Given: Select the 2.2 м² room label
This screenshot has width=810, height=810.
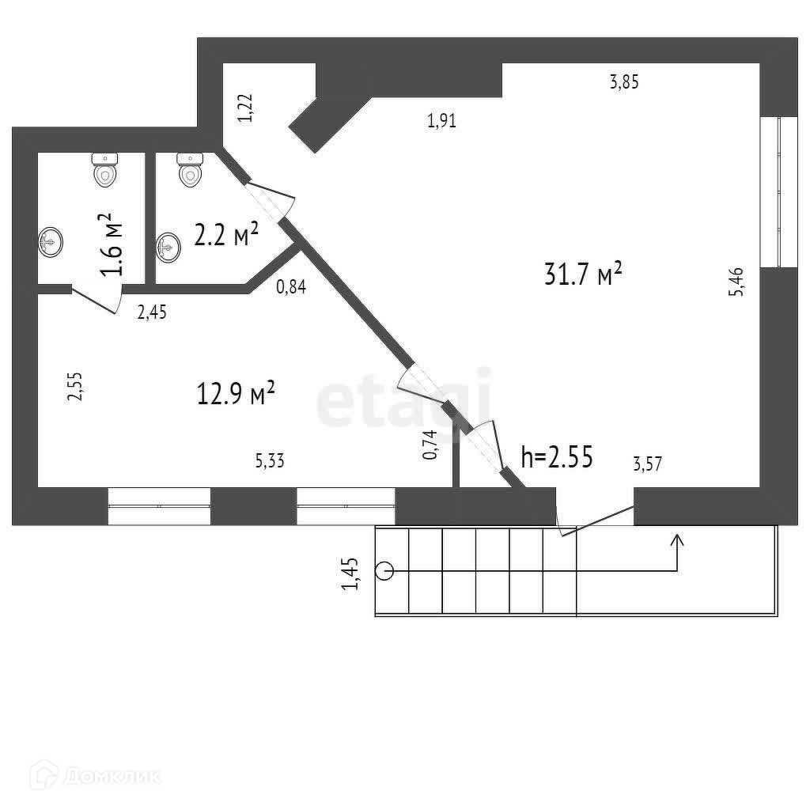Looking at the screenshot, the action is [227, 235].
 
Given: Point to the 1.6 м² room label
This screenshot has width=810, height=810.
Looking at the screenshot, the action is [114, 244].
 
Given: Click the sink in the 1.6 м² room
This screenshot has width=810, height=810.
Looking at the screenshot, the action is [51, 241].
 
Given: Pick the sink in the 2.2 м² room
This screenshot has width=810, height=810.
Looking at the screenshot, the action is [168, 248].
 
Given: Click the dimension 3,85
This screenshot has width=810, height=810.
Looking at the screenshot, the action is [623, 81].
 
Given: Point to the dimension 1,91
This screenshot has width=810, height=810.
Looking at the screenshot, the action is [441, 121].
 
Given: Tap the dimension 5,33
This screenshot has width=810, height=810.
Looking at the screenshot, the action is [270, 460].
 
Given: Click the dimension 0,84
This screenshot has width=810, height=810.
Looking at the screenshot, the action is [291, 286].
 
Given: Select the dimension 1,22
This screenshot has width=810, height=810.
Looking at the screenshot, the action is [246, 107].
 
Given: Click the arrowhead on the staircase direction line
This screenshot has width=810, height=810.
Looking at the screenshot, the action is [678, 540].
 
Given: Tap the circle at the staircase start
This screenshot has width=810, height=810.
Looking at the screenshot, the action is [385, 570].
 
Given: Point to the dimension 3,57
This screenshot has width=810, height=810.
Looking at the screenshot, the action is [647, 464].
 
